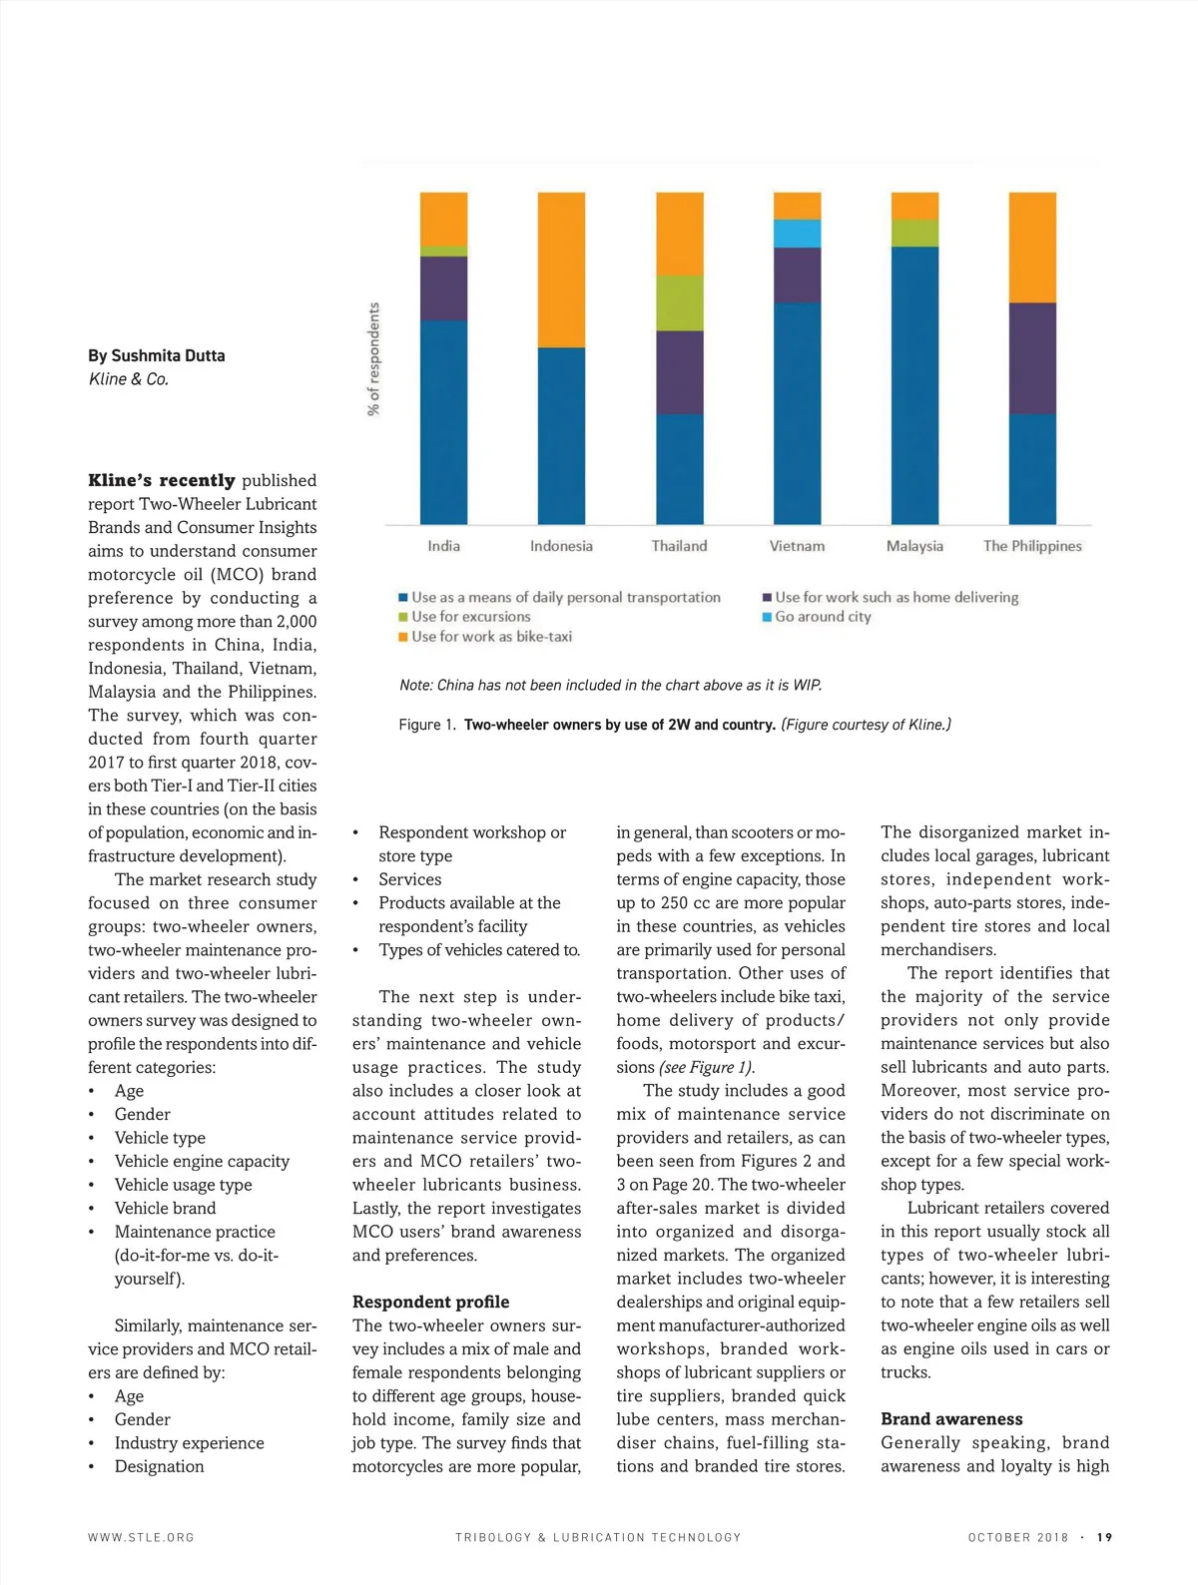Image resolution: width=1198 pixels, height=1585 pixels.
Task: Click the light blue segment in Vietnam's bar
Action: (x=797, y=234)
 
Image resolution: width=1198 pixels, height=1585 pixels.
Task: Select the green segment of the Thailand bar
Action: (x=679, y=302)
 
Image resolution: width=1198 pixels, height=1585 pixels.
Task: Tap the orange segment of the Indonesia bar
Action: (x=561, y=269)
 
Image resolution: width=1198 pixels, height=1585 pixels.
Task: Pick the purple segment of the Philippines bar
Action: (x=1032, y=358)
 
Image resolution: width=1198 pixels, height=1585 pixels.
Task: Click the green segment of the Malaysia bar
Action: (x=914, y=233)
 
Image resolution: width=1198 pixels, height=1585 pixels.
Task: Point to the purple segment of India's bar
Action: (x=443, y=288)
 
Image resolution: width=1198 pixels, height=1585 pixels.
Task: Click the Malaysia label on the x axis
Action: (x=914, y=546)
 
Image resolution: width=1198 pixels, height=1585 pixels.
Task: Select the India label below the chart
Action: (x=443, y=546)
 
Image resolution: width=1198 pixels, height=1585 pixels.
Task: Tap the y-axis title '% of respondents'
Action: (x=373, y=359)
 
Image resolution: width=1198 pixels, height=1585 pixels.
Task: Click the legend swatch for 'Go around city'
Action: (x=767, y=617)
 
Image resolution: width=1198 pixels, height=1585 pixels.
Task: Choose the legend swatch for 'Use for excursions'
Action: (x=403, y=617)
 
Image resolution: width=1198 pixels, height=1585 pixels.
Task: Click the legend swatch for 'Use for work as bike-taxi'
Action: (x=403, y=637)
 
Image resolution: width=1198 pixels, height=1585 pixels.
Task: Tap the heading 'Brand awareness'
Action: (x=951, y=1418)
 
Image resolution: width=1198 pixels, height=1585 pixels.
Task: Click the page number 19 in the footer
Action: (x=1104, y=1537)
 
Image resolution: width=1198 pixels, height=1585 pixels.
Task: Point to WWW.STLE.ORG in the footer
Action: (x=141, y=1537)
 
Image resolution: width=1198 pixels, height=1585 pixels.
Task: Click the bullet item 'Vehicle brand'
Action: (x=165, y=1208)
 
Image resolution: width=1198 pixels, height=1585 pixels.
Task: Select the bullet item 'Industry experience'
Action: (x=189, y=1442)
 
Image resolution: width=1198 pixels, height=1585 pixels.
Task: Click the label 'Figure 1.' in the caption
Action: (x=426, y=725)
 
